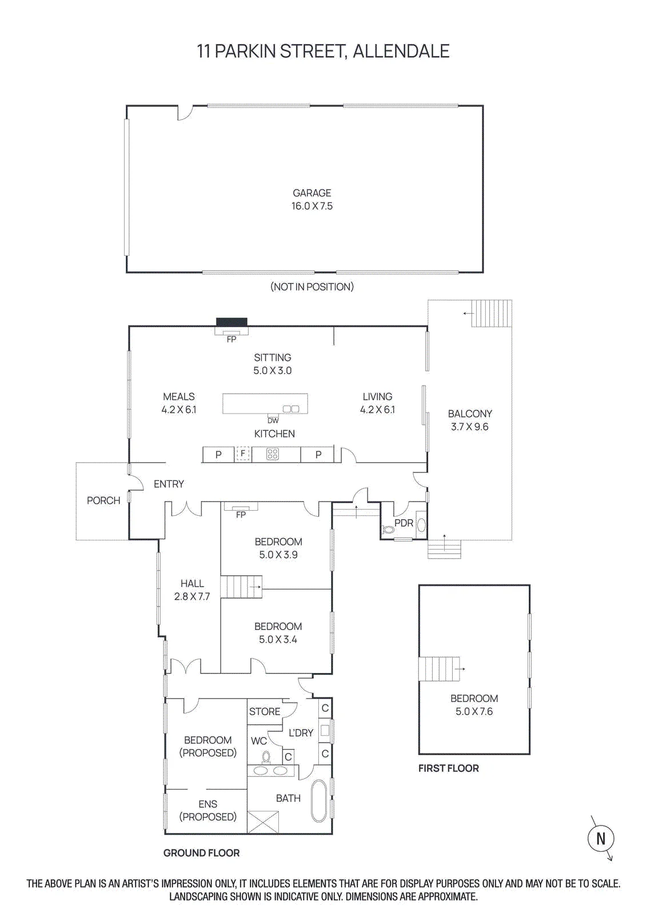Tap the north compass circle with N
pos(601,839)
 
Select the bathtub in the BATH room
pos(319,802)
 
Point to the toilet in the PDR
pos(388,530)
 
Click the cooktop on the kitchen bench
pos(272,454)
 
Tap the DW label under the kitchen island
pos(273,420)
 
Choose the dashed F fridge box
pos(243,454)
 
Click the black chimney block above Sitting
pos(231,322)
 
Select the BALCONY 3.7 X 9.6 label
pos(470,420)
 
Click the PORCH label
pos(103,500)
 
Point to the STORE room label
pos(265,711)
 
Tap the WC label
pos(259,740)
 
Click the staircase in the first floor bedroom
pos(439,669)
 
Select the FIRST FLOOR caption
pos(449,768)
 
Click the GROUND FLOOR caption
pos(201,853)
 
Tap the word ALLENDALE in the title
pos(401,51)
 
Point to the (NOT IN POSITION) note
pos(312,287)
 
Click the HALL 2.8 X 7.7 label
pos(192,590)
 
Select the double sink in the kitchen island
pos(291,408)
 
